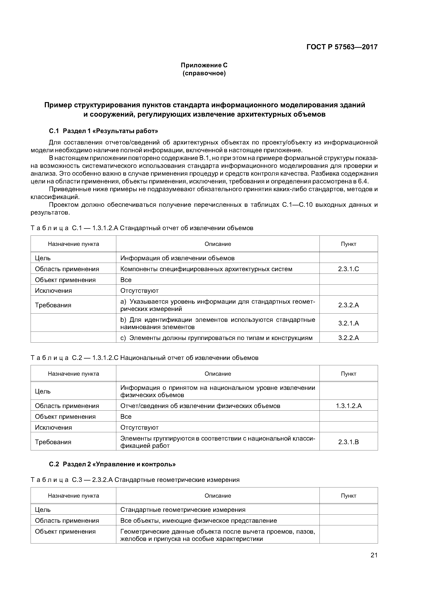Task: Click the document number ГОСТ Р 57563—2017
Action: pyautogui.click(x=342, y=47)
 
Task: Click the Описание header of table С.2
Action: pyautogui.click(x=218, y=374)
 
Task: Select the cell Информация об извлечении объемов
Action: pyautogui.click(x=177, y=258)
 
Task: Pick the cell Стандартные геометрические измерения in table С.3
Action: pyautogui.click(x=183, y=509)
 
